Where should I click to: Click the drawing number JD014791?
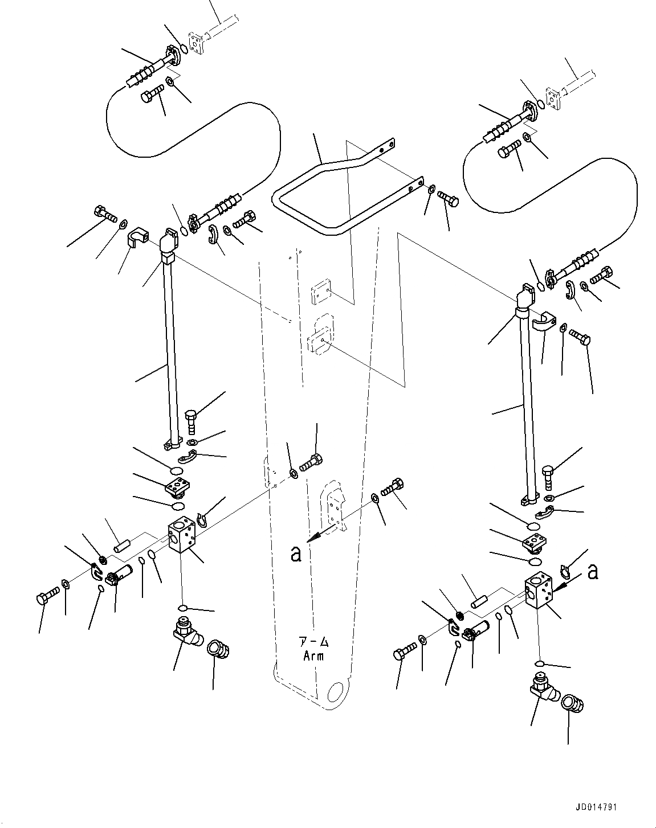click(596, 807)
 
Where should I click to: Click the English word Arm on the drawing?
click(313, 655)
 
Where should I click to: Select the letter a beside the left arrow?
click(295, 554)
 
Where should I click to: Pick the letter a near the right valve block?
click(593, 572)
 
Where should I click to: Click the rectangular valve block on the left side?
click(182, 536)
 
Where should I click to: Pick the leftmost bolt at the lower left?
click(46, 600)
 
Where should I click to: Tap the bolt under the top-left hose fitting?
click(151, 94)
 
